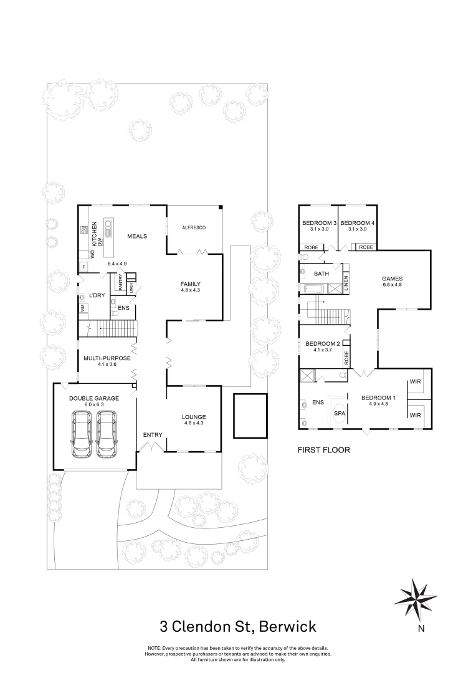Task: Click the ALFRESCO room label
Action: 194,228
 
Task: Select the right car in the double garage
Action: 107,434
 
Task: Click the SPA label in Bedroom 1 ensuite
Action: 340,413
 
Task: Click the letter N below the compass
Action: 421,629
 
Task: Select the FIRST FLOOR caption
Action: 323,449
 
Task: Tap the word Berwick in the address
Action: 287,626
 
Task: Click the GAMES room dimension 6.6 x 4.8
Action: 393,285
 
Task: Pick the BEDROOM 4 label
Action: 358,223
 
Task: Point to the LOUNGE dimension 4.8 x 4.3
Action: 193,424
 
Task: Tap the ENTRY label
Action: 153,434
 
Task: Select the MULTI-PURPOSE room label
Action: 107,358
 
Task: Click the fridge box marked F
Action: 83,267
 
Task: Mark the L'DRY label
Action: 96,295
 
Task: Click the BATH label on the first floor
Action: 321,274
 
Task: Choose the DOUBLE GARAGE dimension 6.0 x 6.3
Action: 94,405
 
